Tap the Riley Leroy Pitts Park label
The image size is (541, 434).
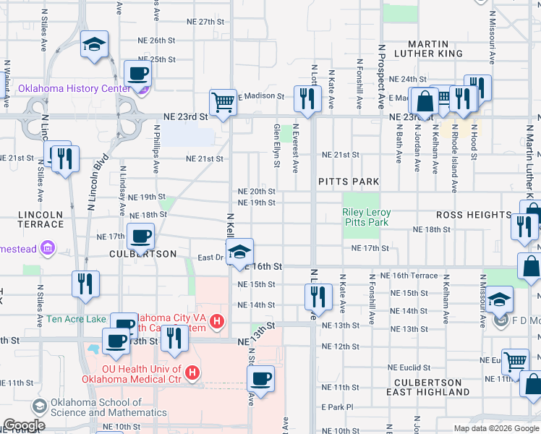366,217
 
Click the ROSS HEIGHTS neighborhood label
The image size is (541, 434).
474,215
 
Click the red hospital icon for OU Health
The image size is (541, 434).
192,373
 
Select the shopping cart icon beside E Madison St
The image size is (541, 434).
223,101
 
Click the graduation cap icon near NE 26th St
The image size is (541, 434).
94,44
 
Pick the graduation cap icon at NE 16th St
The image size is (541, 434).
239,252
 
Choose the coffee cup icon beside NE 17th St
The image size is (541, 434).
140,235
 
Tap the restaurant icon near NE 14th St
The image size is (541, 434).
318,296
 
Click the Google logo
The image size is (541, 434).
24,425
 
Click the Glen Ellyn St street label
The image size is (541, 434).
276,145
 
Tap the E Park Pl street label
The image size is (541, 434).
336,407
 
